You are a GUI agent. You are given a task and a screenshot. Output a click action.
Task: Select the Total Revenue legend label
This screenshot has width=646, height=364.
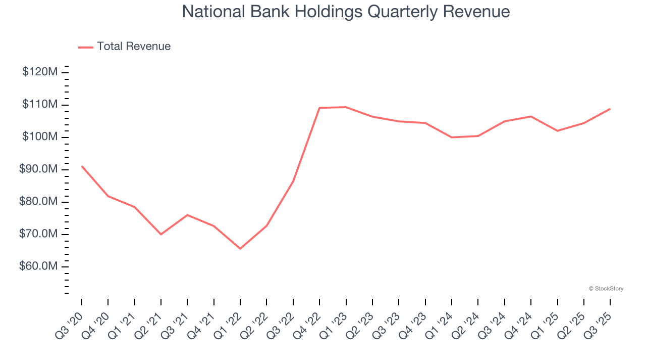point(134,47)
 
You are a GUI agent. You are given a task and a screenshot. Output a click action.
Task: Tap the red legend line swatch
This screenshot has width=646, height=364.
point(86,47)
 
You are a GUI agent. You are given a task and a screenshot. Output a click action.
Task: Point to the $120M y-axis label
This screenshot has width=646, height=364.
point(40,72)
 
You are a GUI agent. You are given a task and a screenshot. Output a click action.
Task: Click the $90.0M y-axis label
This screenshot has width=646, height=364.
point(38,169)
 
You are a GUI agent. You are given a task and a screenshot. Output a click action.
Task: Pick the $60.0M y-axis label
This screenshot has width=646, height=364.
point(38,266)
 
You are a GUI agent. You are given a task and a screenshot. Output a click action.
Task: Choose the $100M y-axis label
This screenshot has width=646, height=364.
point(40,137)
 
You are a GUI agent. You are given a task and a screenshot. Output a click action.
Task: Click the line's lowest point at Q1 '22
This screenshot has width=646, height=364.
point(240,248)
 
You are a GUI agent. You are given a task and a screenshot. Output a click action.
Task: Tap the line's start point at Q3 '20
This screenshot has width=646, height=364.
point(82,166)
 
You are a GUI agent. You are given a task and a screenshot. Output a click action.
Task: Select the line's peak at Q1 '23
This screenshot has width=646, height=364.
point(346,107)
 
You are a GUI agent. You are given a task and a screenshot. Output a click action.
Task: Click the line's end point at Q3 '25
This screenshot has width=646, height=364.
point(610,109)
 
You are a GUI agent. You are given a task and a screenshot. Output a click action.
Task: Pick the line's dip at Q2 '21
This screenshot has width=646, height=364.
point(161,234)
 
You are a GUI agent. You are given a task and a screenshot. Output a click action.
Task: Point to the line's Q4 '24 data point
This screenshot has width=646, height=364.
point(531,116)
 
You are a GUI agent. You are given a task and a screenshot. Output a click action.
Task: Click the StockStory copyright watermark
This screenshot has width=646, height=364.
point(606,289)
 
